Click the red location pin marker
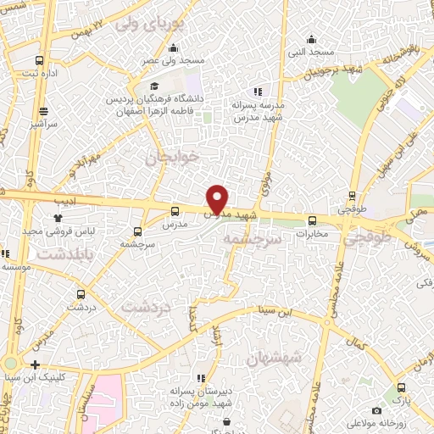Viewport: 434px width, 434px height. pyautogui.click(x=218, y=198)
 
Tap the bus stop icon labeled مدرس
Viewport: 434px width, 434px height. pyautogui.click(x=175, y=212)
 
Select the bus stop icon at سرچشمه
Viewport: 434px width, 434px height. pyautogui.click(x=138, y=231)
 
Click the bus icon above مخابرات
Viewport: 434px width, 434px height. pyautogui.click(x=312, y=222)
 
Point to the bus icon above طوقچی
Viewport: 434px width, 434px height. pyautogui.click(x=353, y=195)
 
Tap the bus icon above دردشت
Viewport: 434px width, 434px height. pyautogui.click(x=81, y=295)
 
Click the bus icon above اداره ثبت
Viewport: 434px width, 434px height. pyautogui.click(x=40, y=60)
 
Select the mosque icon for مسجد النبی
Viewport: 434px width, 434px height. pyautogui.click(x=312, y=39)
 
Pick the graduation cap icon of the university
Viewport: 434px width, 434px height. pyautogui.click(x=154, y=86)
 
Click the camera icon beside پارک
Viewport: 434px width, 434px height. pyautogui.click(x=399, y=387)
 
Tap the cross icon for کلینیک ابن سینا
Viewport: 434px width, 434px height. pyautogui.click(x=35, y=364)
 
